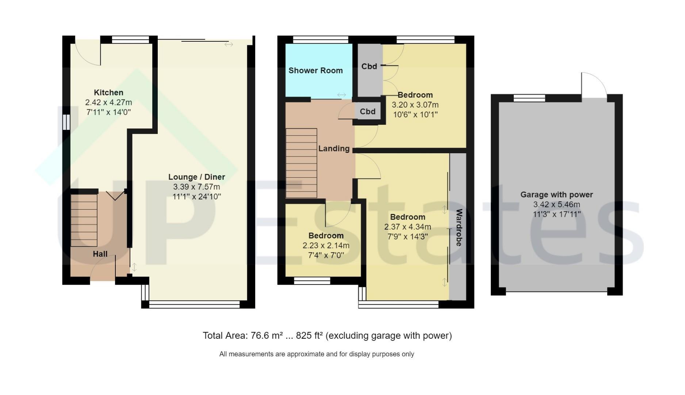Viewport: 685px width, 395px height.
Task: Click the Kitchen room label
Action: point(108,93)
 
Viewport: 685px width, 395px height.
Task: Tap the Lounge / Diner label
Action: point(196,177)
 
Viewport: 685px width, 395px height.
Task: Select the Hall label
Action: point(100,254)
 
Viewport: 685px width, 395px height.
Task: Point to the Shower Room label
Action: point(315,71)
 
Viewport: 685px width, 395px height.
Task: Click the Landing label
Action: point(334,148)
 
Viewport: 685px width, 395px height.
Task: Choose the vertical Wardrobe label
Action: point(459,227)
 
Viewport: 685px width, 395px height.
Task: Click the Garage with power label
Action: point(556,195)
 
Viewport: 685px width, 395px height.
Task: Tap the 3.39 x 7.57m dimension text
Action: point(196,187)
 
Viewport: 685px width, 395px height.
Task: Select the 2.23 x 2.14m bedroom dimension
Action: point(326,245)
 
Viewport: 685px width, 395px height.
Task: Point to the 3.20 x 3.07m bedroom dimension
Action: point(415,105)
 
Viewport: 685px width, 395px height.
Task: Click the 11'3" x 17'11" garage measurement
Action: point(556,214)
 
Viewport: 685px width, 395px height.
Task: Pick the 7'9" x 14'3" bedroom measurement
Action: point(407,237)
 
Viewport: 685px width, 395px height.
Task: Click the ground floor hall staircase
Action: point(84,220)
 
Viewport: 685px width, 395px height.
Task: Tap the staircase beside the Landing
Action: point(301,163)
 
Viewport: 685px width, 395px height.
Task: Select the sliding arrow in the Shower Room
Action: point(341,95)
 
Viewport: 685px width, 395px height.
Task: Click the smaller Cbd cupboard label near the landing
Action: point(367,112)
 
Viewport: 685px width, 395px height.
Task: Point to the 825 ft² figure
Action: point(309,335)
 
